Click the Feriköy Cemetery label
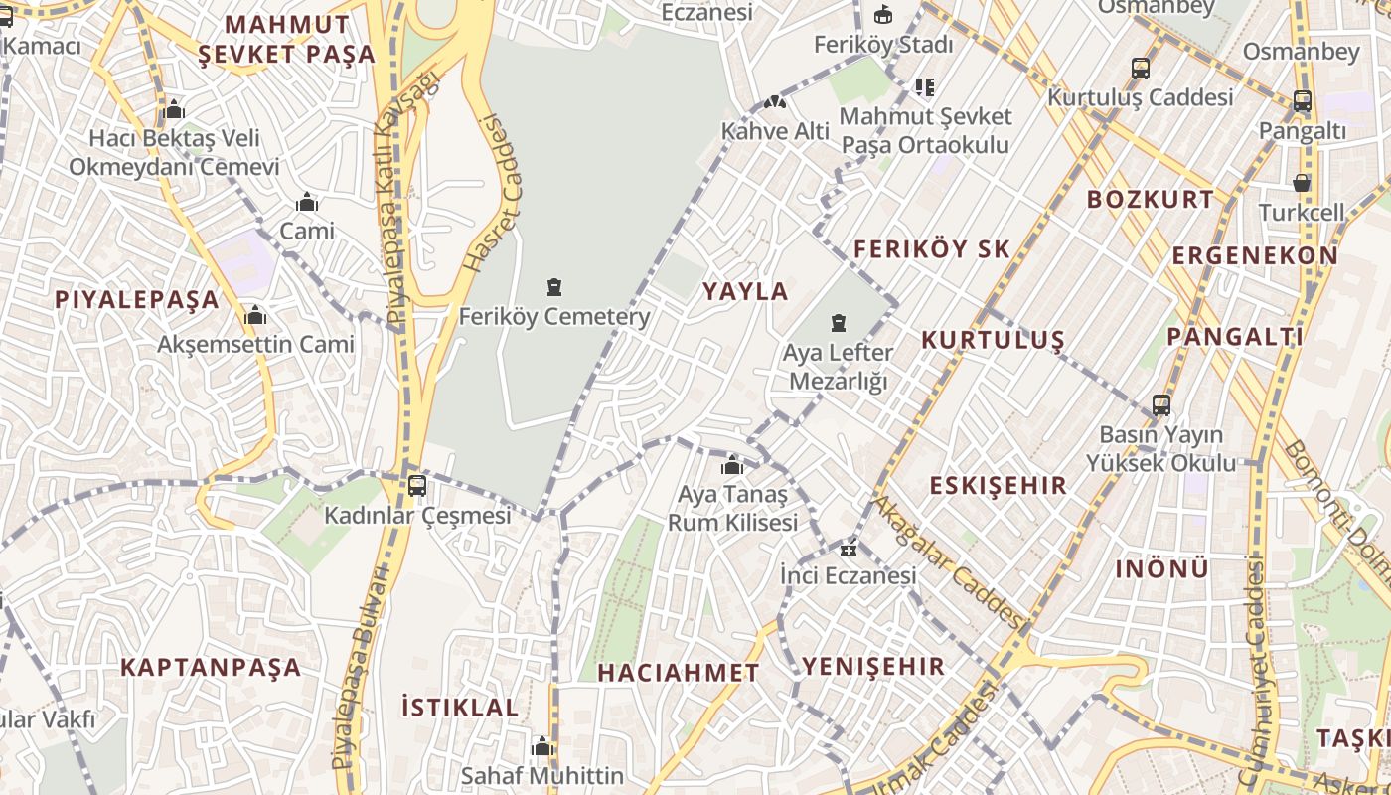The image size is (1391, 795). click(x=553, y=317)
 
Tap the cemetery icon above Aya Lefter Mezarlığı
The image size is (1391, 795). click(x=839, y=323)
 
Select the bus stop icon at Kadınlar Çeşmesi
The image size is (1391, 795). click(x=417, y=486)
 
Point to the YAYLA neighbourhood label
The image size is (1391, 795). click(x=745, y=292)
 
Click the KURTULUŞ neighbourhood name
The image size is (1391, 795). click(x=993, y=340)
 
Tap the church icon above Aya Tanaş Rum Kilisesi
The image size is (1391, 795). click(x=732, y=465)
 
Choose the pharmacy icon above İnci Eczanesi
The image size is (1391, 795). click(x=849, y=548)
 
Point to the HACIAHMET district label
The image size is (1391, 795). click(x=679, y=673)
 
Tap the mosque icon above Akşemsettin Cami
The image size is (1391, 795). click(x=255, y=316)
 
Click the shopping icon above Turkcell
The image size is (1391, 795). click(x=1302, y=183)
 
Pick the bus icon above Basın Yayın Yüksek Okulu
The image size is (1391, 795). click(x=1160, y=405)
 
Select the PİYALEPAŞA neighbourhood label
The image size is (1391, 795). click(x=136, y=300)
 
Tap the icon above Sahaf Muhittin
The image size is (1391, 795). click(x=542, y=746)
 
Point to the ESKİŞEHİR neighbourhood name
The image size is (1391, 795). click(x=998, y=486)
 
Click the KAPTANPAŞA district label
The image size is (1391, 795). click(x=211, y=667)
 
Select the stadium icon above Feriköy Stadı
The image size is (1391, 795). click(x=882, y=14)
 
